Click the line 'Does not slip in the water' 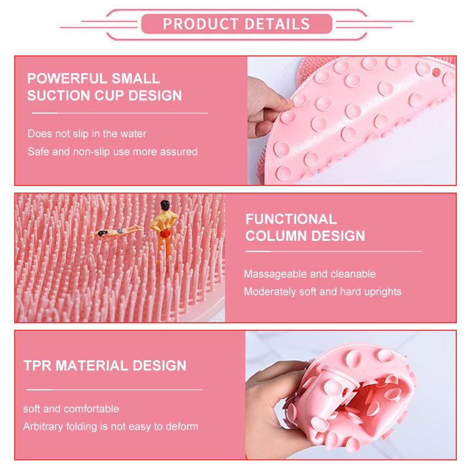point(87,134)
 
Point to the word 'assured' point(177,151)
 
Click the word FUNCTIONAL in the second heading point(291,219)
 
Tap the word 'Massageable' point(273,274)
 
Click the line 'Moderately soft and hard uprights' point(323,291)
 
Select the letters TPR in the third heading point(37,365)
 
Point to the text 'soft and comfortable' point(71,409)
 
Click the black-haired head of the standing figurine point(165,205)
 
